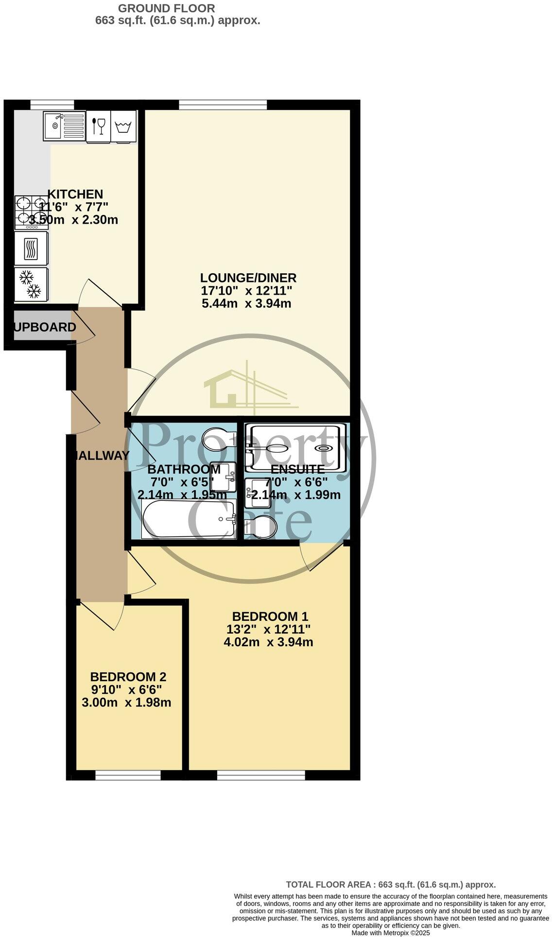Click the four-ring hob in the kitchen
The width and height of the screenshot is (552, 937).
tap(31, 212)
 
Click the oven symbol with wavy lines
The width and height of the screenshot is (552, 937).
tap(31, 248)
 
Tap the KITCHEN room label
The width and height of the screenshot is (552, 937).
tap(75, 194)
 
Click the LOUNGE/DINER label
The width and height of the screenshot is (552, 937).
tap(248, 278)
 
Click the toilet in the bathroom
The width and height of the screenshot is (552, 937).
tap(218, 437)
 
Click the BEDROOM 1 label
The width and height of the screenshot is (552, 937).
tap(270, 616)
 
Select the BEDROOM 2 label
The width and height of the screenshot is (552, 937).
tap(128, 676)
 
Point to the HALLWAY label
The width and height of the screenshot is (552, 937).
tap(102, 456)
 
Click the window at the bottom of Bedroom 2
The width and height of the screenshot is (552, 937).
tap(128, 777)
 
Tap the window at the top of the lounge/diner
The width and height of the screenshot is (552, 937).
tap(223, 104)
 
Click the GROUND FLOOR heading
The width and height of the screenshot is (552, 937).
tap(166, 8)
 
